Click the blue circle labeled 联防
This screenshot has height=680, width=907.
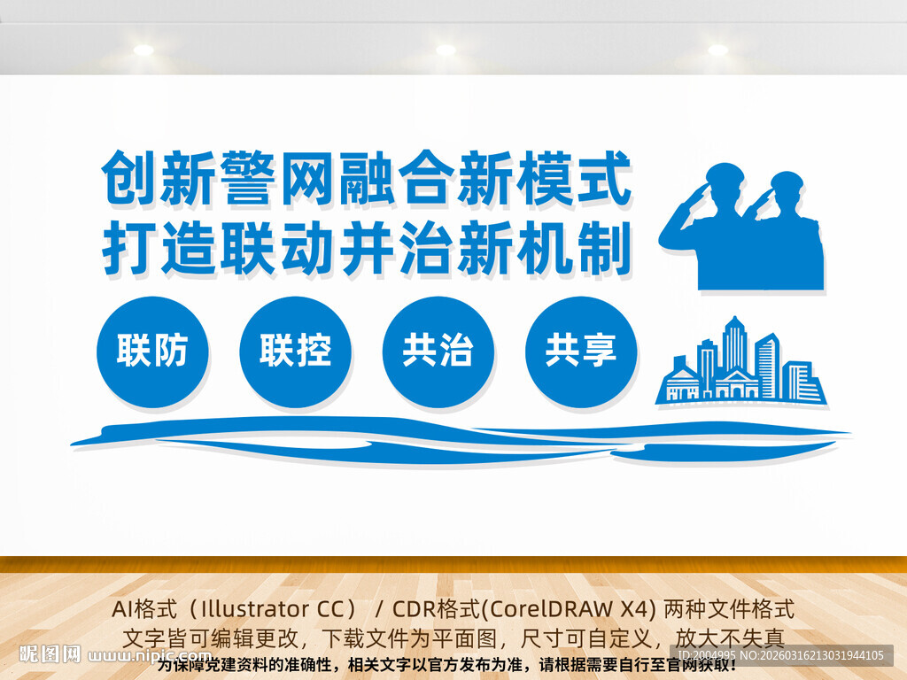(152, 352)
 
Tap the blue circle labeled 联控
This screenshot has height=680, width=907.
(295, 352)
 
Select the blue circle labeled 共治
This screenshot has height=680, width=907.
(438, 352)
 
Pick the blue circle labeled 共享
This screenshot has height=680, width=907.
(580, 352)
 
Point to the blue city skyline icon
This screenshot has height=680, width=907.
(741, 363)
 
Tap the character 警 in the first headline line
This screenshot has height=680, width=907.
(250, 177)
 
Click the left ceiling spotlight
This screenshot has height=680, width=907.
(143, 50)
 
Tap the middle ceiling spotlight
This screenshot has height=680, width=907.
(446, 50)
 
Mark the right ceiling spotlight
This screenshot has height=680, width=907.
(717, 50)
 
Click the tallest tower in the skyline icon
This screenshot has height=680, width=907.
(734, 345)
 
